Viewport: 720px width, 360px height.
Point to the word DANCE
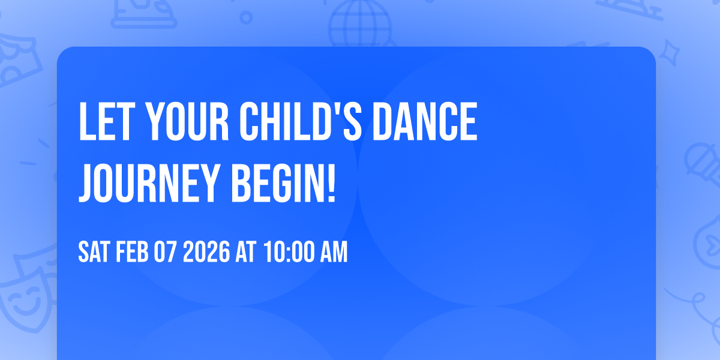point(423,123)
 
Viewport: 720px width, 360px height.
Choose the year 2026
point(206,253)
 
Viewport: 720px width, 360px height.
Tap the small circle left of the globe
point(246,18)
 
